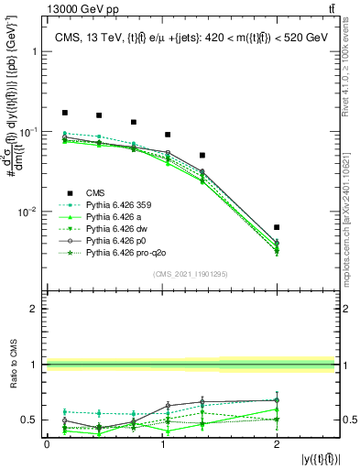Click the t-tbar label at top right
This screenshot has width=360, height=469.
click(328, 8)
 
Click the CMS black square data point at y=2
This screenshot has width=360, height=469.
click(277, 227)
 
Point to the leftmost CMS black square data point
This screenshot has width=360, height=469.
click(65, 113)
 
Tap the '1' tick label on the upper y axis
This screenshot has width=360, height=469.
click(37, 52)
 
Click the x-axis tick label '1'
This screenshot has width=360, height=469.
click(162, 444)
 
